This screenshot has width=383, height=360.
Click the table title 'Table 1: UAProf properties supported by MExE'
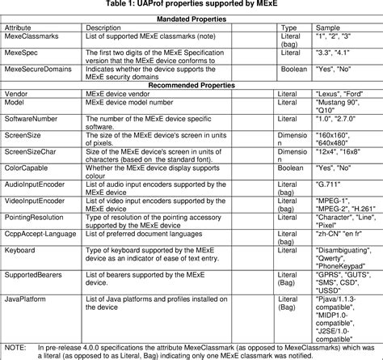tap(191, 6)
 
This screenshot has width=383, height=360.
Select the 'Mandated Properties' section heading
tap(191, 18)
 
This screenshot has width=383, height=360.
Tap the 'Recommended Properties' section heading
tap(191, 84)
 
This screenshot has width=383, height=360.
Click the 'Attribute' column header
tap(22, 28)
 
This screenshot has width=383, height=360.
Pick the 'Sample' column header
tap(326, 28)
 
